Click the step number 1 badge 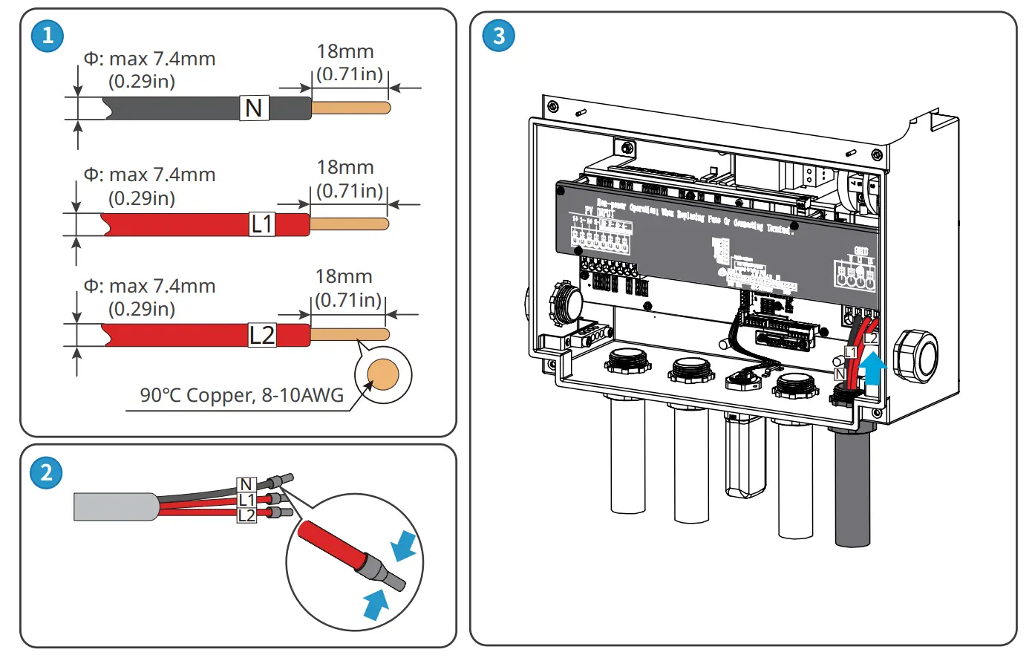48,35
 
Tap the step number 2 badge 46,472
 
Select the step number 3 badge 498,35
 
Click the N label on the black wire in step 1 254,108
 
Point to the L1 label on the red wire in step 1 262,224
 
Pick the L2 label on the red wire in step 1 262,335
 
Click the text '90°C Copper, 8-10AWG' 242,395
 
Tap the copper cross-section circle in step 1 383,375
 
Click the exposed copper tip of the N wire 350,108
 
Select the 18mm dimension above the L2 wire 344,276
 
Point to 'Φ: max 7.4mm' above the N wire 149,59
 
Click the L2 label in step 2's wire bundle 246,515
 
